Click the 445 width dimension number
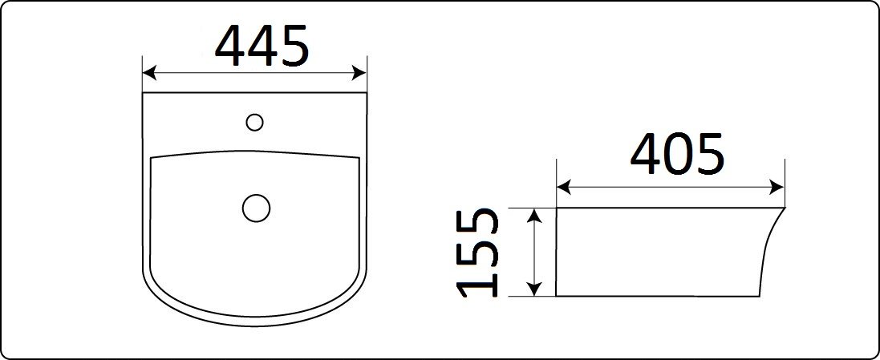[262, 47]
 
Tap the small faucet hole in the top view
[255, 122]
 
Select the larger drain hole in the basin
[256, 208]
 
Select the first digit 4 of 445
[230, 47]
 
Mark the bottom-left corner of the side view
[557, 296]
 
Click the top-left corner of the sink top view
[143, 93]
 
